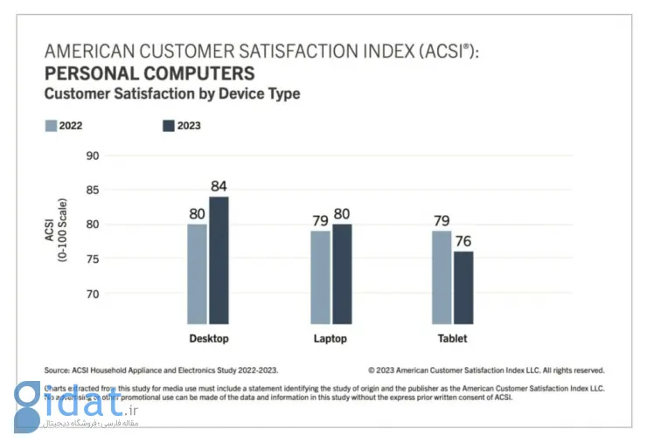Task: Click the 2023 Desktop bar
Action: pos(219,260)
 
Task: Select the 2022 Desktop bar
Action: pos(197,273)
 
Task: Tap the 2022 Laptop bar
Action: pos(321,276)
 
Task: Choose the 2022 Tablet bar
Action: pos(442,276)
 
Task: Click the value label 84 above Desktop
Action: pos(219,185)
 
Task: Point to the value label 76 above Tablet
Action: pos(463,240)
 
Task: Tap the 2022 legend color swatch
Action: pos(51,126)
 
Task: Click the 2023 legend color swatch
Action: pos(169,126)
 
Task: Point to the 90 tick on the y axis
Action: pos(94,156)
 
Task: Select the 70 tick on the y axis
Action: pos(94,294)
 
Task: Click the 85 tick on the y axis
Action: pos(94,190)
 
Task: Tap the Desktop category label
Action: pos(209,338)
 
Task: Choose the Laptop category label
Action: pos(330,338)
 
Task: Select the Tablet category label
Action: pos(452,338)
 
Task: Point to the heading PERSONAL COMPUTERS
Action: pos(150,73)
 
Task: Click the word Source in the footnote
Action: pos(58,370)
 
